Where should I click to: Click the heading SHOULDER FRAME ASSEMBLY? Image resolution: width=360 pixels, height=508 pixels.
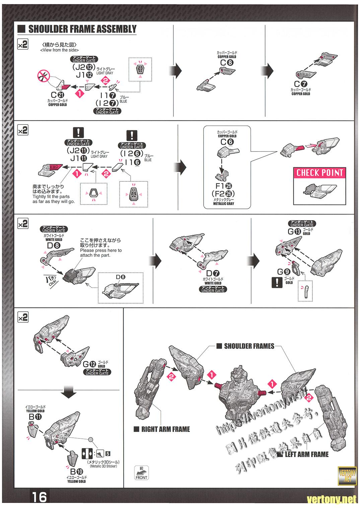(x=82, y=29)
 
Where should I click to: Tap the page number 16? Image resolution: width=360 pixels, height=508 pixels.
(x=39, y=497)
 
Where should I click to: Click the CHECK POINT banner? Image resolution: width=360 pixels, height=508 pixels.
(x=320, y=173)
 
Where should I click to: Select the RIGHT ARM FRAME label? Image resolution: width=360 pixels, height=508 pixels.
(x=165, y=429)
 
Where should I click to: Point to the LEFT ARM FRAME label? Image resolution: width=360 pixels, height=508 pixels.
(x=306, y=454)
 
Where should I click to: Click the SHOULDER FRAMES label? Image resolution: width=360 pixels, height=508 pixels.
(x=249, y=346)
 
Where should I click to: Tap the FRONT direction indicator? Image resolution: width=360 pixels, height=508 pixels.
(x=141, y=473)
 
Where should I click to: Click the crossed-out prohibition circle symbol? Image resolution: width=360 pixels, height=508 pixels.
(x=44, y=77)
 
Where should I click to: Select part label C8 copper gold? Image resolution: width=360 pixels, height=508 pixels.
(x=227, y=62)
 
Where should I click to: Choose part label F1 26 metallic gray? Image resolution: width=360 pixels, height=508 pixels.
(x=224, y=186)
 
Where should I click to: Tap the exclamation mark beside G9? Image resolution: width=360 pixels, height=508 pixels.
(x=277, y=283)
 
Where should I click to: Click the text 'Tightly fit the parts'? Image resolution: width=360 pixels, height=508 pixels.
(x=51, y=197)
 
